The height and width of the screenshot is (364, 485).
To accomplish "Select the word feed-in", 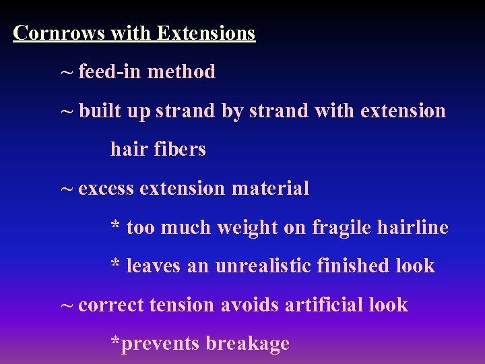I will (x=110, y=71).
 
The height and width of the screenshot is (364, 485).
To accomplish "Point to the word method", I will (x=181, y=71).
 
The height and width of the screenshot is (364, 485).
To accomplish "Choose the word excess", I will (x=106, y=189).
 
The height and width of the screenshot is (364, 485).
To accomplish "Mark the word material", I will (x=271, y=189).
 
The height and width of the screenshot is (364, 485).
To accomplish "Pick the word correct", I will (x=111, y=305).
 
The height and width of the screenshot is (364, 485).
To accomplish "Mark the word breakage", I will (x=247, y=344).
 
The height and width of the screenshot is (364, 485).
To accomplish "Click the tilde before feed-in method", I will (x=67, y=71).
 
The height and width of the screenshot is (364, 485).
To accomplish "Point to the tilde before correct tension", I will (x=67, y=305).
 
